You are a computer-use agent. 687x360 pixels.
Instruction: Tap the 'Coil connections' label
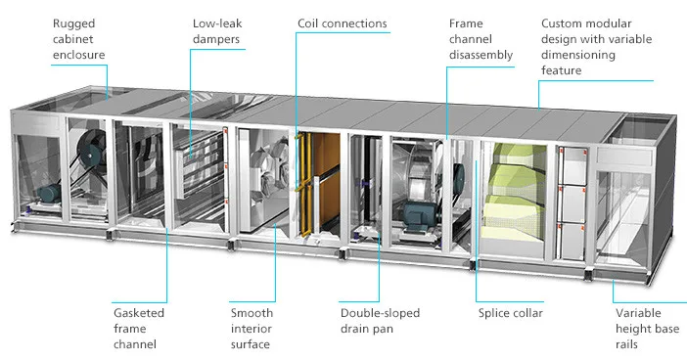click(342, 22)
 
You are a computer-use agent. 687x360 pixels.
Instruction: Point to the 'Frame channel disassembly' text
click(481, 38)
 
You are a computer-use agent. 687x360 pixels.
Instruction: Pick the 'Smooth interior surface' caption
click(252, 328)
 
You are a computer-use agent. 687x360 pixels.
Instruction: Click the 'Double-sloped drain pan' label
click(381, 320)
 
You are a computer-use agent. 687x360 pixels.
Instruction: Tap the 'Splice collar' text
click(510, 313)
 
